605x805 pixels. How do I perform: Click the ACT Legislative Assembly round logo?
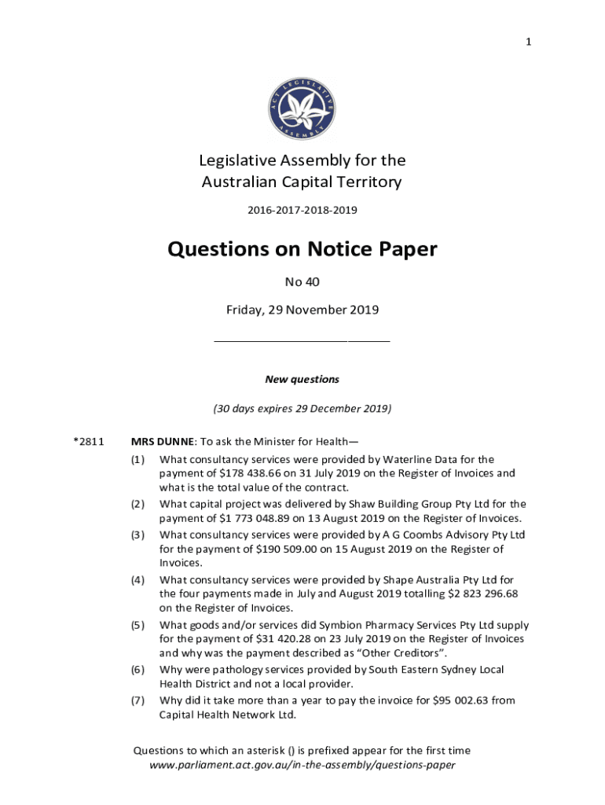302,110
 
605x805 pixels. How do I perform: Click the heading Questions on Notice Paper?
302,249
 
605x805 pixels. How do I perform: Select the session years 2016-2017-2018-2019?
302,211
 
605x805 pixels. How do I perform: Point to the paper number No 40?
302,281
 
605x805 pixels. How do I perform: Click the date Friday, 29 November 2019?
302,310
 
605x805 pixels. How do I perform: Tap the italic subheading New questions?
302,380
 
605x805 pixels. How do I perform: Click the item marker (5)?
138,625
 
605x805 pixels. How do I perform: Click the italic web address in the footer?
302,764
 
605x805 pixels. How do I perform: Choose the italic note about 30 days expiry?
302,409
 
